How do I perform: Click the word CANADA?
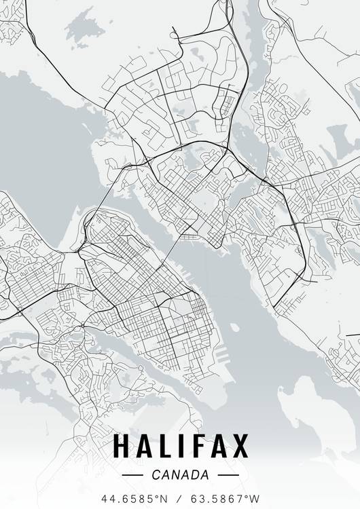(x=181, y=474)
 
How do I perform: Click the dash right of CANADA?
(x=228, y=474)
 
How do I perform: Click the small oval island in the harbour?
(x=234, y=327)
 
